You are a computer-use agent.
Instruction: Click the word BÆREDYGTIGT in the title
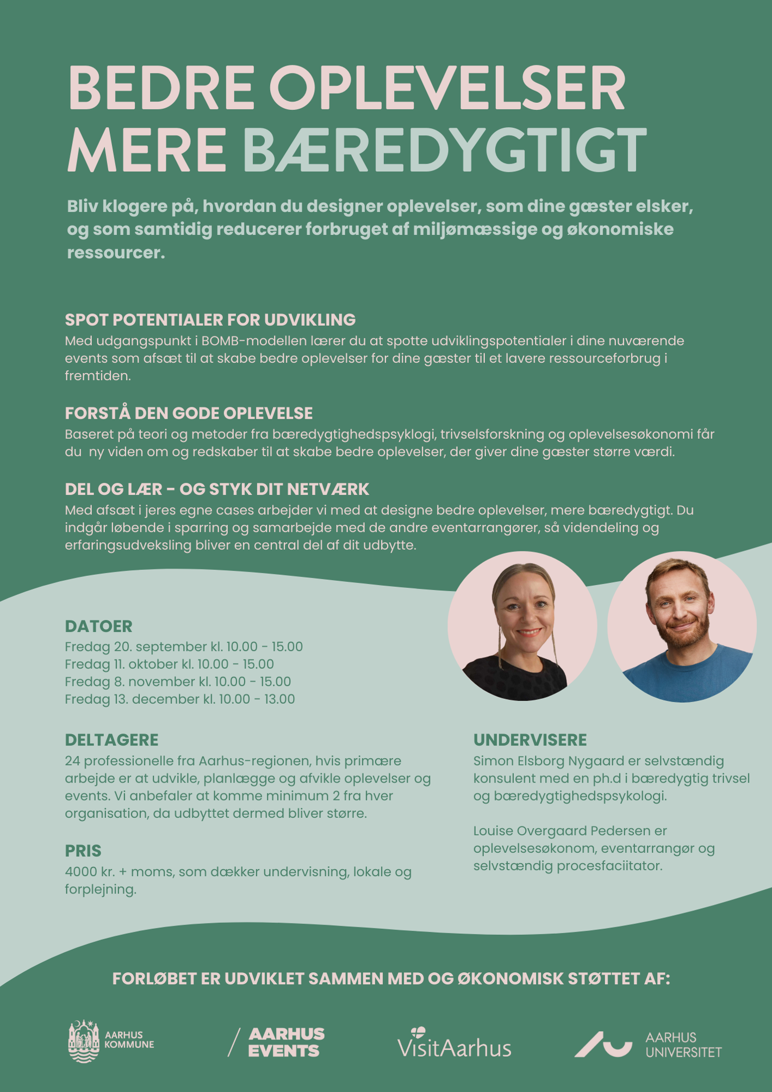(x=444, y=150)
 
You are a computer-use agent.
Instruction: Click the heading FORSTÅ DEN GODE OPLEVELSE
(x=189, y=413)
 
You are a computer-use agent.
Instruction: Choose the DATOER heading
(x=98, y=626)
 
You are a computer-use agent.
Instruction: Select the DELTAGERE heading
(x=111, y=740)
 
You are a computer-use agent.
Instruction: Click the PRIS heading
(x=83, y=851)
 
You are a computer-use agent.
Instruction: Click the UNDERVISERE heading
(x=530, y=740)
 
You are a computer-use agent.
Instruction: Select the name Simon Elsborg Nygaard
(x=549, y=761)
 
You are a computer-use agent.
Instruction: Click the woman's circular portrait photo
(x=522, y=626)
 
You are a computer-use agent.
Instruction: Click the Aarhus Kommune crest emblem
(x=84, y=1041)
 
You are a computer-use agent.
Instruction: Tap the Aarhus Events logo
(x=276, y=1042)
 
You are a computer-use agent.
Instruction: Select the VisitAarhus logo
(x=454, y=1043)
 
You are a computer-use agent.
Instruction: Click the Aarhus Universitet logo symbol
(x=603, y=1044)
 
